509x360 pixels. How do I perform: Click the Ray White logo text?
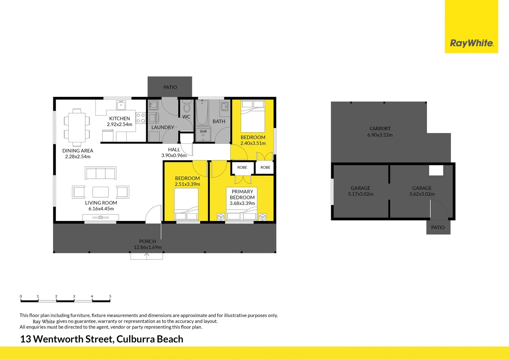(471, 43)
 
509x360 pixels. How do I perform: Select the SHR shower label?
(203, 131)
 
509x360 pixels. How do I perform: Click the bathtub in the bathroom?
(202, 113)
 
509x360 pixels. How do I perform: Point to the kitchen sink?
(121, 106)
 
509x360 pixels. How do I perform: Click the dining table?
(77, 127)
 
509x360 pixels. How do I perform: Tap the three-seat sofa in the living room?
(101, 173)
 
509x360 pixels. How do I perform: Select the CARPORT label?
(380, 128)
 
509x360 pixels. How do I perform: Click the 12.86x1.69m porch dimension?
(148, 247)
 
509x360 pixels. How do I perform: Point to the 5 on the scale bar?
(110, 296)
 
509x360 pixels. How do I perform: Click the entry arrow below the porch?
(147, 256)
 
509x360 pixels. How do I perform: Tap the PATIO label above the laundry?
(170, 87)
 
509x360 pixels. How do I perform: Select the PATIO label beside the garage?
(438, 227)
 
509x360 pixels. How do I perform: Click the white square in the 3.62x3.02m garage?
(436, 170)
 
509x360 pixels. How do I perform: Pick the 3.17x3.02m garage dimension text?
(360, 194)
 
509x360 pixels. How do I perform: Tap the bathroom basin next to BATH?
(225, 107)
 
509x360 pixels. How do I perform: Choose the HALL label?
(174, 150)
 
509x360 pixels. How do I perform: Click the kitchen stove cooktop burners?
(141, 118)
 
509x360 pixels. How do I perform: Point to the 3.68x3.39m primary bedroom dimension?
(242, 203)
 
